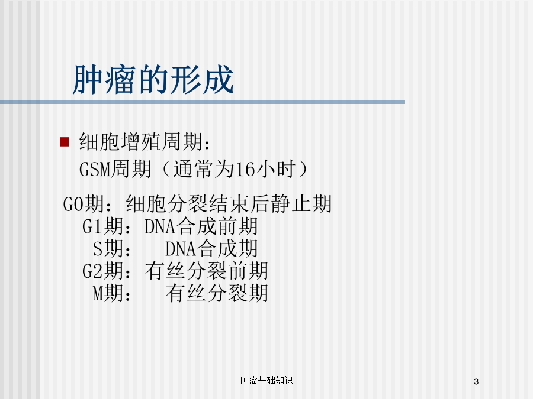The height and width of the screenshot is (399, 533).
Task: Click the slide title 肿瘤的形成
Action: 153,80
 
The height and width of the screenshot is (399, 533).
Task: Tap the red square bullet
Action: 64,142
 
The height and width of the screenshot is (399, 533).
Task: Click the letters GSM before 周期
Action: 95,169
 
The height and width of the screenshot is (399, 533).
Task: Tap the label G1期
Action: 103,226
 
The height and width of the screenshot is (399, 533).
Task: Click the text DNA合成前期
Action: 201,226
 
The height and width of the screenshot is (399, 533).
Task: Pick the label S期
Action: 108,248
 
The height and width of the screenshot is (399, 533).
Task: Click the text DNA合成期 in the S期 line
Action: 211,248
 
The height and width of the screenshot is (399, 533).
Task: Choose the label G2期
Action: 103,271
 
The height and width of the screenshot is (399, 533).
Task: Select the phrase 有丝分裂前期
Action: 207,271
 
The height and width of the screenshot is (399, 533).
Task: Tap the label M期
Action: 108,293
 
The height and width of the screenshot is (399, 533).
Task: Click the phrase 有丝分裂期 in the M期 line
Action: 217,293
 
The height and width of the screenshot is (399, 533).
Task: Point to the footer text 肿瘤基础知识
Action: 266,380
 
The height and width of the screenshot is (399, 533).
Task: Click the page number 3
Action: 476,381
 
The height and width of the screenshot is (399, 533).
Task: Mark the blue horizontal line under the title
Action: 203,102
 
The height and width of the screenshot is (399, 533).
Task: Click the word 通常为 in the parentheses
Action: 204,169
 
